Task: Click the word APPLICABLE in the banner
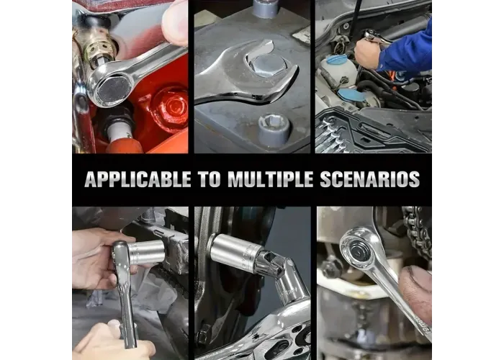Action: (x=138, y=179)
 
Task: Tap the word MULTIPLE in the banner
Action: (x=270, y=179)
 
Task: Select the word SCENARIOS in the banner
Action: (x=370, y=179)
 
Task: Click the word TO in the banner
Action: (x=210, y=179)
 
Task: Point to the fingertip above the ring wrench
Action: (x=174, y=22)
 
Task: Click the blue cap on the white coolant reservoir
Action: (x=337, y=59)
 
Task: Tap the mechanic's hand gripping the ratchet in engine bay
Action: (x=366, y=53)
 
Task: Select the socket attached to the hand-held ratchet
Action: (x=147, y=251)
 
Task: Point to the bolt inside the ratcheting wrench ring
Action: (x=358, y=249)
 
